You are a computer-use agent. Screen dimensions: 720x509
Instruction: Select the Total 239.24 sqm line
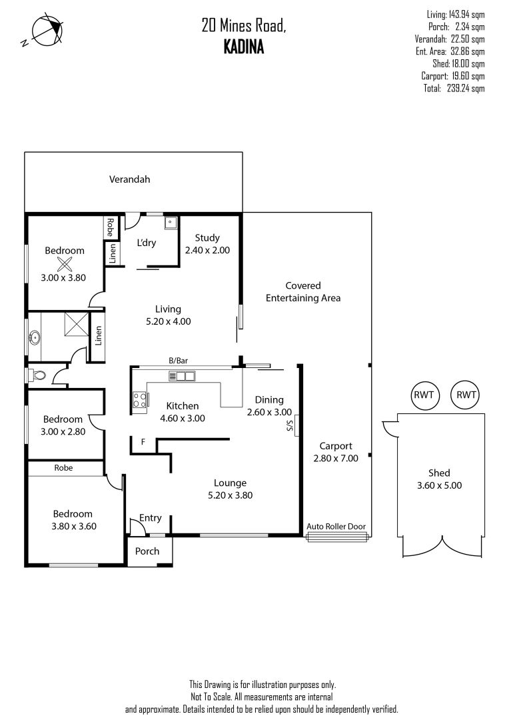tap(454, 88)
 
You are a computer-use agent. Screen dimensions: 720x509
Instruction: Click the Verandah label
tap(130, 179)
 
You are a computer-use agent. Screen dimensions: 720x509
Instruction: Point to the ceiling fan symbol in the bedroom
tap(65, 263)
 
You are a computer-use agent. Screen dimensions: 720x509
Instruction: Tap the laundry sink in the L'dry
tap(169, 223)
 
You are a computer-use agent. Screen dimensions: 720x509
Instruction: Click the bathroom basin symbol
tap(34, 339)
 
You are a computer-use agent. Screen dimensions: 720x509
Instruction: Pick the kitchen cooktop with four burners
tap(140, 400)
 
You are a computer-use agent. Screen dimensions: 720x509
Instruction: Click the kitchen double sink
tap(181, 376)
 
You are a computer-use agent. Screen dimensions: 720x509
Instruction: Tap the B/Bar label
tap(179, 361)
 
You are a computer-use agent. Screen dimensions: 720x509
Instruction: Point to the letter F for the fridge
tap(143, 442)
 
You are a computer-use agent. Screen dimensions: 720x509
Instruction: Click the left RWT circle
tap(424, 395)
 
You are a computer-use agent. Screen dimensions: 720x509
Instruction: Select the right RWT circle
tap(465, 395)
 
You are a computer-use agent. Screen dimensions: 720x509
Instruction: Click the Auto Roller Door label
tap(336, 527)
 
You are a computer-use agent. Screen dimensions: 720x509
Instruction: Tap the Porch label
tap(147, 551)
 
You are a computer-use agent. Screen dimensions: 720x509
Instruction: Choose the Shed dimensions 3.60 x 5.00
tap(439, 485)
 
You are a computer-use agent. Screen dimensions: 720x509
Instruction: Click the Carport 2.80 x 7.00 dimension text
tap(336, 458)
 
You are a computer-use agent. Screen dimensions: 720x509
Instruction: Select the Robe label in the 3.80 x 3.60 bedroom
tap(65, 468)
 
